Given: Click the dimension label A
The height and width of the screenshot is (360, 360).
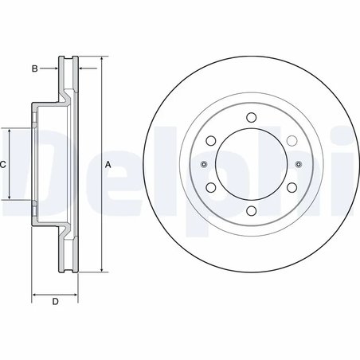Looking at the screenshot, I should click(x=108, y=164).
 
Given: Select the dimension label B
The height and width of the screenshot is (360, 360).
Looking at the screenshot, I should click(x=35, y=69).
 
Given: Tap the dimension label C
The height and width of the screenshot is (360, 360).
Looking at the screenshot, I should click(x=4, y=164).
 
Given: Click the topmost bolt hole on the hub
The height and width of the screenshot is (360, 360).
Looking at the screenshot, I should click(x=251, y=118).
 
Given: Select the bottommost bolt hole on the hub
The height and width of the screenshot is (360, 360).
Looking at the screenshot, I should click(x=251, y=211).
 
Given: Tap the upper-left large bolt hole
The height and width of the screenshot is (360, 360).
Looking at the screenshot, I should click(x=211, y=141).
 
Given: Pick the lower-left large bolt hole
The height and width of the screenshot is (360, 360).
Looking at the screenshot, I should click(x=211, y=188).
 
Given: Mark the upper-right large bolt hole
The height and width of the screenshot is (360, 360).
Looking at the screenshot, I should click(x=291, y=141).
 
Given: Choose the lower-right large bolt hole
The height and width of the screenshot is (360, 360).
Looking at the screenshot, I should click(x=291, y=188).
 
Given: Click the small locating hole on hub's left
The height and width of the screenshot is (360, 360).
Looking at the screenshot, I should click(x=204, y=165).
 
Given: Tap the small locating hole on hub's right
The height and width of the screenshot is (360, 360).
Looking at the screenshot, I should click(x=298, y=165).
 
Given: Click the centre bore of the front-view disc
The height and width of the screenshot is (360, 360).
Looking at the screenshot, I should click(x=251, y=165).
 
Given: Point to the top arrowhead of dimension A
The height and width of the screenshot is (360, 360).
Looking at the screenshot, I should click(x=103, y=60).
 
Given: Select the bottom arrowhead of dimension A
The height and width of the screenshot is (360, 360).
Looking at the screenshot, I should click(x=103, y=270).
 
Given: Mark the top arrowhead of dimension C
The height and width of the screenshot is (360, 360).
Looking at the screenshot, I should click(x=9, y=131).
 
